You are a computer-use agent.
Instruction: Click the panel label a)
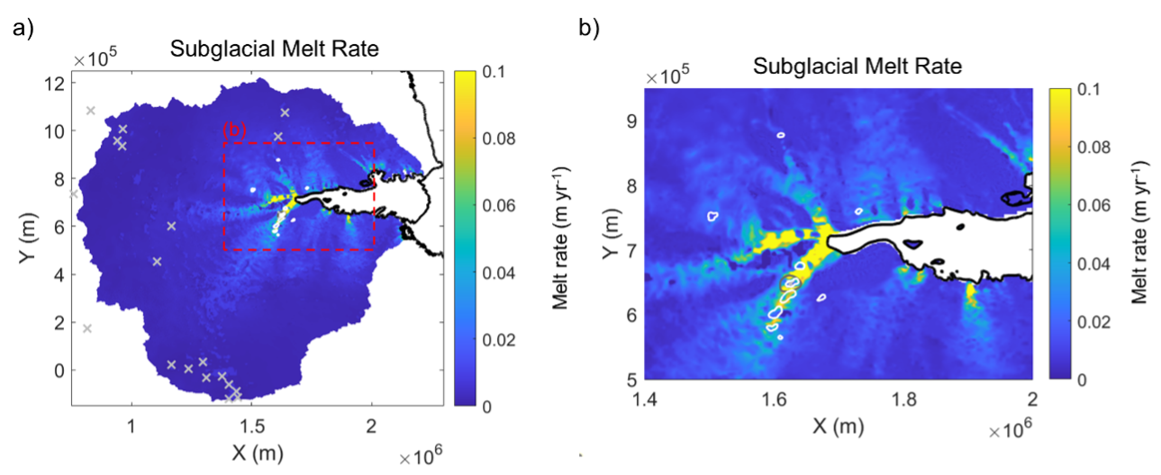click(23, 29)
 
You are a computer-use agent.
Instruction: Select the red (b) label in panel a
click(234, 130)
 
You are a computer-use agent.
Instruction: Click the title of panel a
click(275, 51)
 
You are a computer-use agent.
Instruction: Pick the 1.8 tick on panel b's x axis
click(903, 398)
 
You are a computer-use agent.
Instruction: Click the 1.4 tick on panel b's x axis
click(647, 398)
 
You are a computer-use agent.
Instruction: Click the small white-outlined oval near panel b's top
click(781, 135)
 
